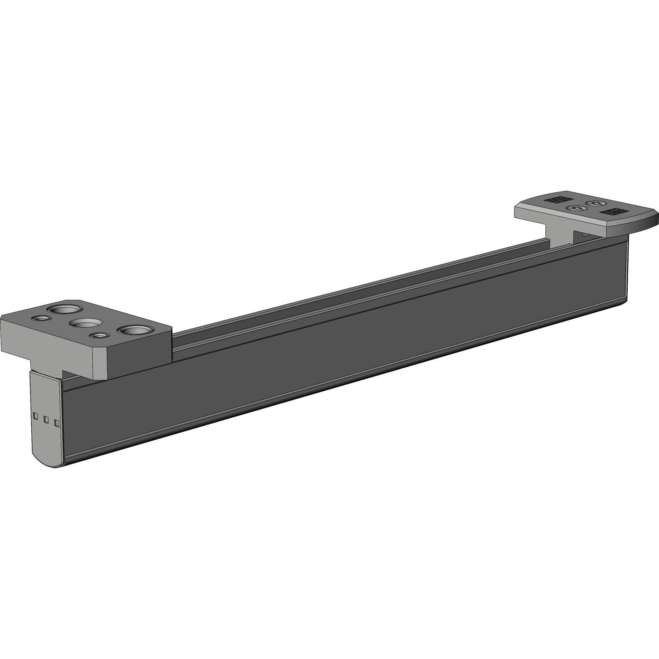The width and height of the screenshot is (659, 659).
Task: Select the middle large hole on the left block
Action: coord(86,323)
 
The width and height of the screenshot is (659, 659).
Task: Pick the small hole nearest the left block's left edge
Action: coord(41,318)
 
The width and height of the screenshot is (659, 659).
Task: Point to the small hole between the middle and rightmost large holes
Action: coord(98,335)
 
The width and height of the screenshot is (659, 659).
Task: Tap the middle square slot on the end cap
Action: coord(46,419)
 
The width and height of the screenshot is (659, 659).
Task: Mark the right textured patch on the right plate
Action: coord(613,212)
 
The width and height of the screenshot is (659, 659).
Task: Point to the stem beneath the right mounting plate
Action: coord(560,235)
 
